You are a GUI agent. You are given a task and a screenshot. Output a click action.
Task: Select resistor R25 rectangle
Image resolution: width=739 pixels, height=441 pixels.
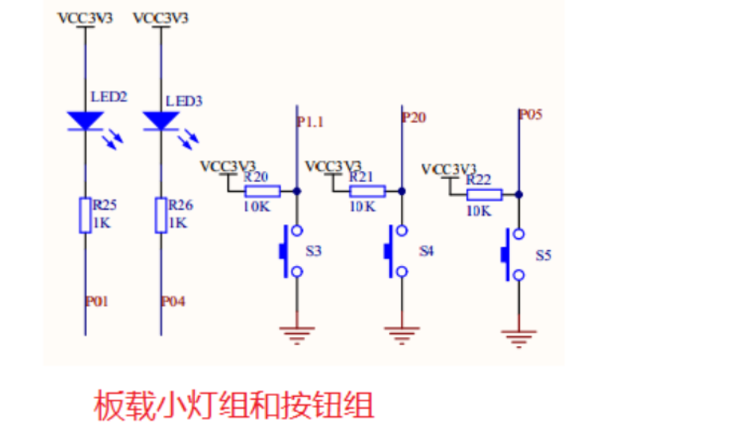85,215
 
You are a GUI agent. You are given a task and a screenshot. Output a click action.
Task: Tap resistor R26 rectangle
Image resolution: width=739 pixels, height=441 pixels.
161,215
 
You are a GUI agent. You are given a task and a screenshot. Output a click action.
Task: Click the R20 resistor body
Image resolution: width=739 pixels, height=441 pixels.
262,191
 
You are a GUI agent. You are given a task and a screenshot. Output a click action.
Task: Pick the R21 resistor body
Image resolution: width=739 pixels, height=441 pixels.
368,191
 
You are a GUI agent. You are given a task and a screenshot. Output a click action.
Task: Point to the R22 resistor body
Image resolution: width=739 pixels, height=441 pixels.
483,195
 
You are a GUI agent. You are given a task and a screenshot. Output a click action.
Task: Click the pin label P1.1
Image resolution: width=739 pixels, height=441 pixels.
310,122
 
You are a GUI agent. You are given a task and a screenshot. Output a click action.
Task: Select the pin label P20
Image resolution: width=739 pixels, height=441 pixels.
414,118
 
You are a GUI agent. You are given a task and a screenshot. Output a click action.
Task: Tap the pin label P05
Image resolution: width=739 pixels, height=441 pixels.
531,115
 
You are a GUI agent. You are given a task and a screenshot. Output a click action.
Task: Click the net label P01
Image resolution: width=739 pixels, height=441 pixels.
97,302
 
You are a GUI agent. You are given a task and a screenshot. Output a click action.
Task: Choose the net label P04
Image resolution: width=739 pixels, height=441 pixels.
173,302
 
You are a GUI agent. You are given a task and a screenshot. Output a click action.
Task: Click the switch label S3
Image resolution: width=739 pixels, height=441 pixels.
314,251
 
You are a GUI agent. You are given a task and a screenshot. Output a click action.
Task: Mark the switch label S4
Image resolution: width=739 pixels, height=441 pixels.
427,251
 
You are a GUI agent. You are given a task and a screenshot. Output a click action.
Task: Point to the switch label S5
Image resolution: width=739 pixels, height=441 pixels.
543,256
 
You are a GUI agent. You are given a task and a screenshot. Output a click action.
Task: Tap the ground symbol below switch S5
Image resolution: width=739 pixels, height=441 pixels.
518,340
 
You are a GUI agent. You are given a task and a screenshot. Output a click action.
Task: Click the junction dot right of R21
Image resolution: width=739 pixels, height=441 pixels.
402,191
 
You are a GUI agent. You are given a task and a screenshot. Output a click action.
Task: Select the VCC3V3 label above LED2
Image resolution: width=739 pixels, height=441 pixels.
85,17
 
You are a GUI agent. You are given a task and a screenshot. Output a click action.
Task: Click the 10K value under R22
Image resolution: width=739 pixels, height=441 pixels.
478,211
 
